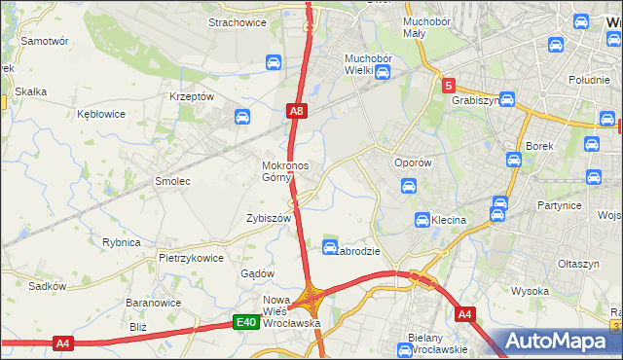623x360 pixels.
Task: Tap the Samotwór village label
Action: coord(44,42)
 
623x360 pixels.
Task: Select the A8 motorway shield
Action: coord(297,113)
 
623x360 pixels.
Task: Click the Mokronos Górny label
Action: coord(285,171)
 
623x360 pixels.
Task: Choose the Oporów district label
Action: coord(411,162)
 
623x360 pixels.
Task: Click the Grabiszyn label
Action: coord(475,99)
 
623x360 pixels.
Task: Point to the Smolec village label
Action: coord(172,182)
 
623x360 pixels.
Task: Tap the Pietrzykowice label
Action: coord(192,259)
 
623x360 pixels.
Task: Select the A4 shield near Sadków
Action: coord(64,342)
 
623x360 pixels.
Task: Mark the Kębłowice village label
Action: coord(101,114)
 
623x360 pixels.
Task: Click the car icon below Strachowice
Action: coord(274,63)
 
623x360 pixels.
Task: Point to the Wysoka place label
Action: coord(531,291)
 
